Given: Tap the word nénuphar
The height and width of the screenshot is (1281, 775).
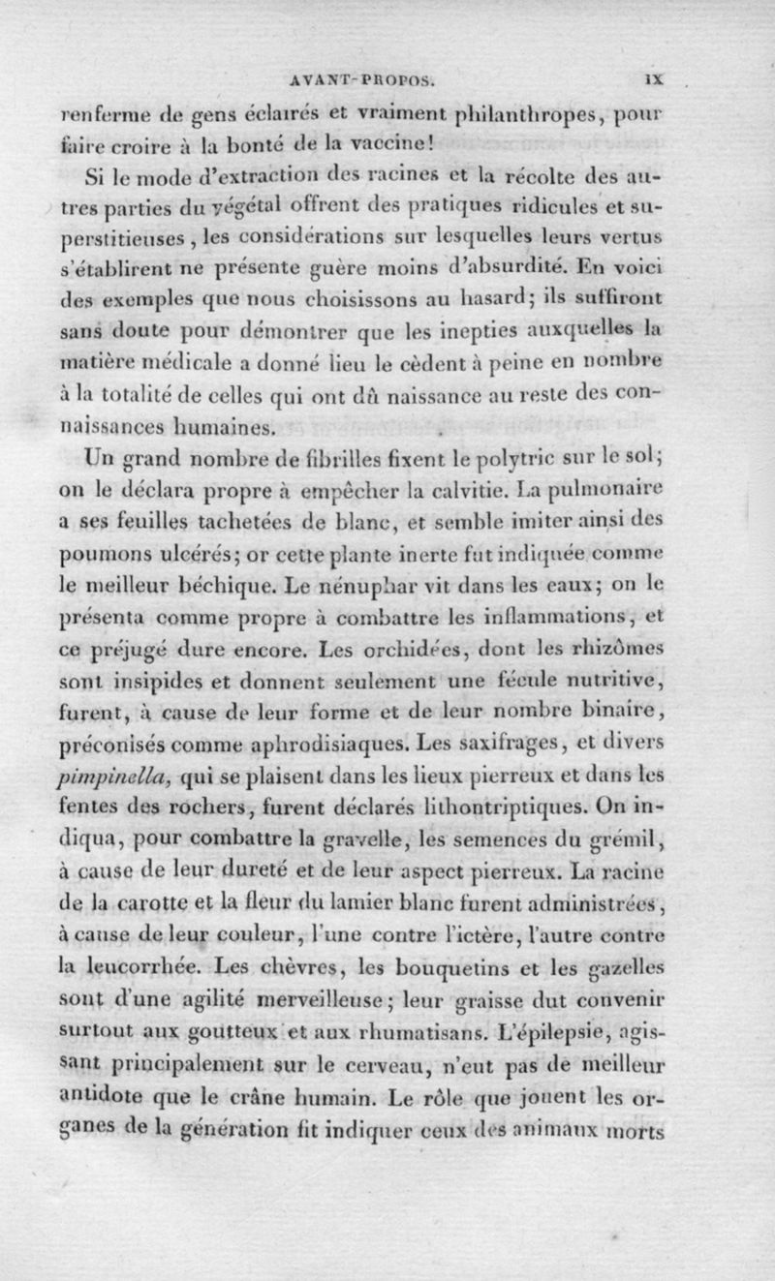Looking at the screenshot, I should coord(349,559).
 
